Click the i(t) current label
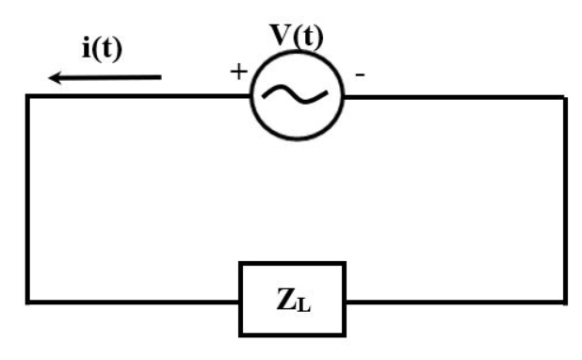pos(100,50)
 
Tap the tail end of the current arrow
pos(160,78)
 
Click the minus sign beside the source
pos(359,74)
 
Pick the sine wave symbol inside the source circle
pos(298,95)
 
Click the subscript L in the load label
pos(302,305)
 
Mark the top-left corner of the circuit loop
pos(28,96)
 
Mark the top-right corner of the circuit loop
pos(566,96)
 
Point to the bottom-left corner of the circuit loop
pos(28,302)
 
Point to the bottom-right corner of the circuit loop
pos(566,302)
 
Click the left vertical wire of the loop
pos(28,198)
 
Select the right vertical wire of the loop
pos(566,198)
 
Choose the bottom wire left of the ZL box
pos(132,302)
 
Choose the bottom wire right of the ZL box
pos(457,302)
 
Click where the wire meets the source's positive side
pos(251,96)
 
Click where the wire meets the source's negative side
pos(345,96)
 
